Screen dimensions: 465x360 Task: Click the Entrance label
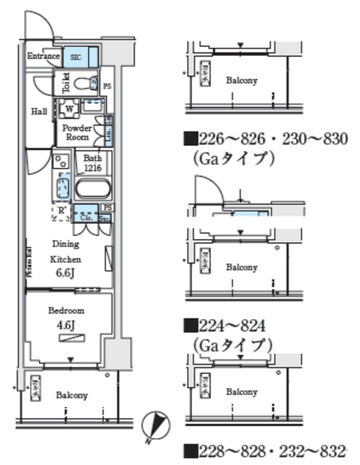click(x=42, y=56)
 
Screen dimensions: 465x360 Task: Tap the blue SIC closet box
click(x=75, y=56)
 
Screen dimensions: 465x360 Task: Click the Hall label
click(x=39, y=112)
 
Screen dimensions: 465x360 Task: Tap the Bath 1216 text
click(x=92, y=162)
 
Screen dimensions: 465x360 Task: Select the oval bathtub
click(x=92, y=190)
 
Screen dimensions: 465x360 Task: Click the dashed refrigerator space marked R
click(x=63, y=212)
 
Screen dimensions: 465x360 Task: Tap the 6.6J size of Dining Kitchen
click(x=65, y=272)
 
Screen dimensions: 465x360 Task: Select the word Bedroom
click(x=66, y=310)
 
